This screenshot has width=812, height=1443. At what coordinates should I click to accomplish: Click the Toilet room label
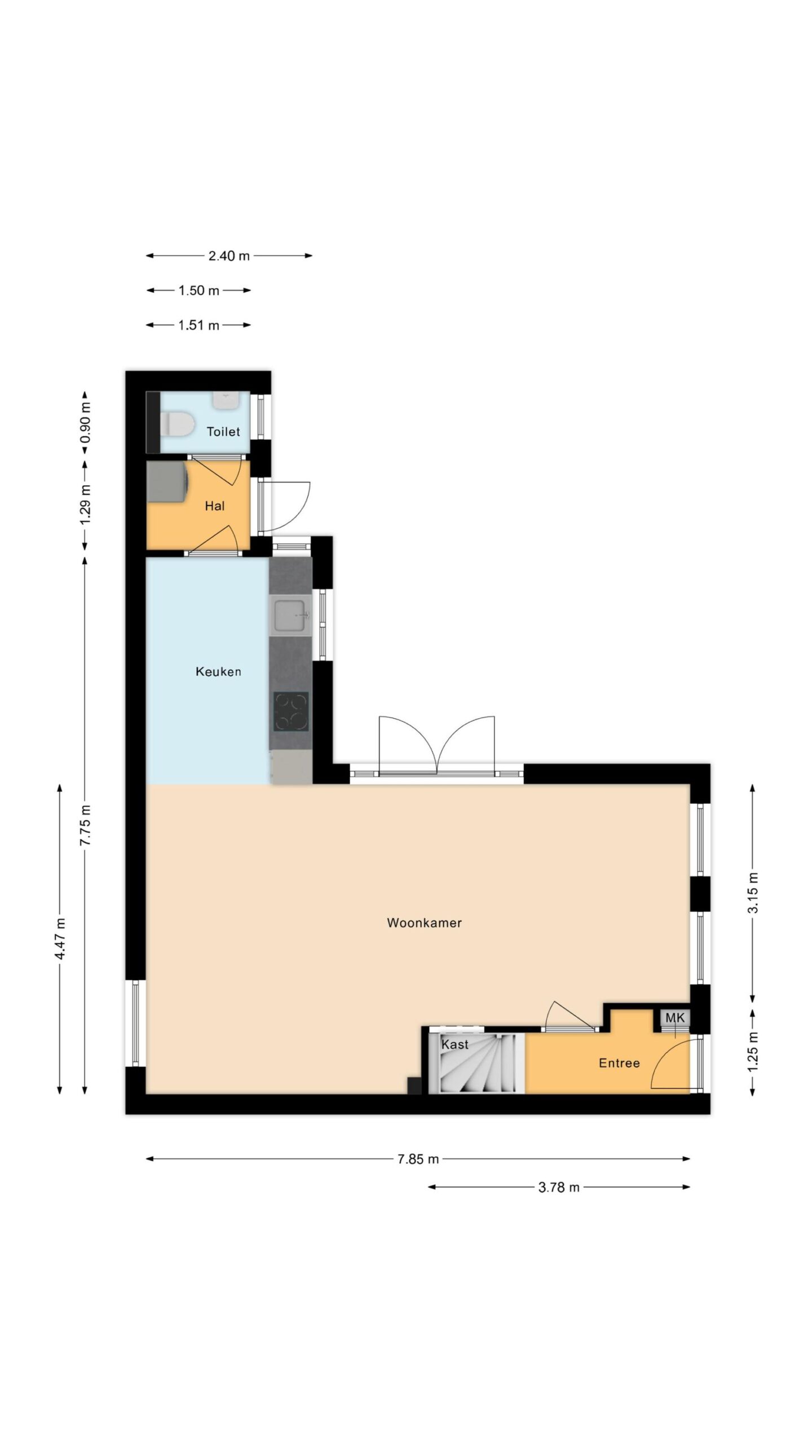[223, 432]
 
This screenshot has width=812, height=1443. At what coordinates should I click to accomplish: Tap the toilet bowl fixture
[177, 424]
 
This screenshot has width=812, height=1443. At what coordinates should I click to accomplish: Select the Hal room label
[215, 506]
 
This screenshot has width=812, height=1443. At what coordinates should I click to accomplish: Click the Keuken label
[218, 671]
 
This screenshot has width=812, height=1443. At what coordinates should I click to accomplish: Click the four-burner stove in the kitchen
[291, 712]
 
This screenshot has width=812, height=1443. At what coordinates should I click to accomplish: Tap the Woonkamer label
[424, 923]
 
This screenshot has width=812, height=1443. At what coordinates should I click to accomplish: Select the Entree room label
[619, 1063]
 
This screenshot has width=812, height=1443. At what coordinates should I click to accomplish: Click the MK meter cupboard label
[675, 1017]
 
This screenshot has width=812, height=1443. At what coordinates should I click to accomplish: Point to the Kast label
[455, 1044]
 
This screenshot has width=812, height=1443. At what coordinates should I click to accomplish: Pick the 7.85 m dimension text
[418, 1159]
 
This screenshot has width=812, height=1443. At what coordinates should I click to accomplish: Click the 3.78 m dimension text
[559, 1187]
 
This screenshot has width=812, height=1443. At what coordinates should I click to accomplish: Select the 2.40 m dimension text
[229, 256]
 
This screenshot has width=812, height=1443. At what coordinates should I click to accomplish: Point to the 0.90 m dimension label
[85, 423]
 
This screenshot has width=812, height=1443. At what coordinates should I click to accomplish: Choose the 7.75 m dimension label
[85, 825]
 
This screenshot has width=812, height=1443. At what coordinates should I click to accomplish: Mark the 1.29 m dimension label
[85, 505]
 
